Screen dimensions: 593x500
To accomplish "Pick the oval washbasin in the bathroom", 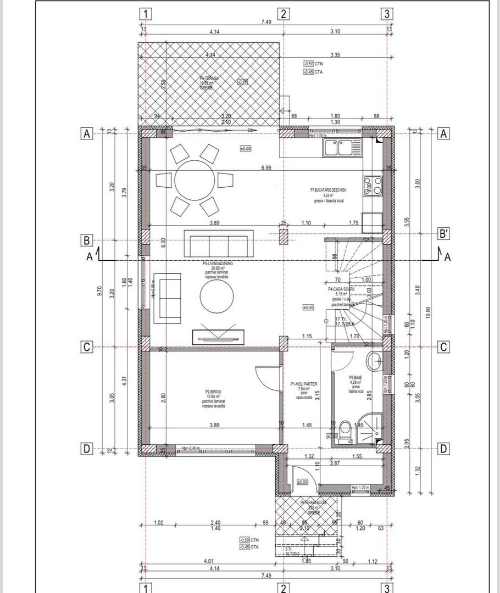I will point(376,361).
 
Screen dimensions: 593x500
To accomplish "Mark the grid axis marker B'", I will point(444,240).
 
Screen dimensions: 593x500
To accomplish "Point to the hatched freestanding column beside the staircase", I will point(283,237).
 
